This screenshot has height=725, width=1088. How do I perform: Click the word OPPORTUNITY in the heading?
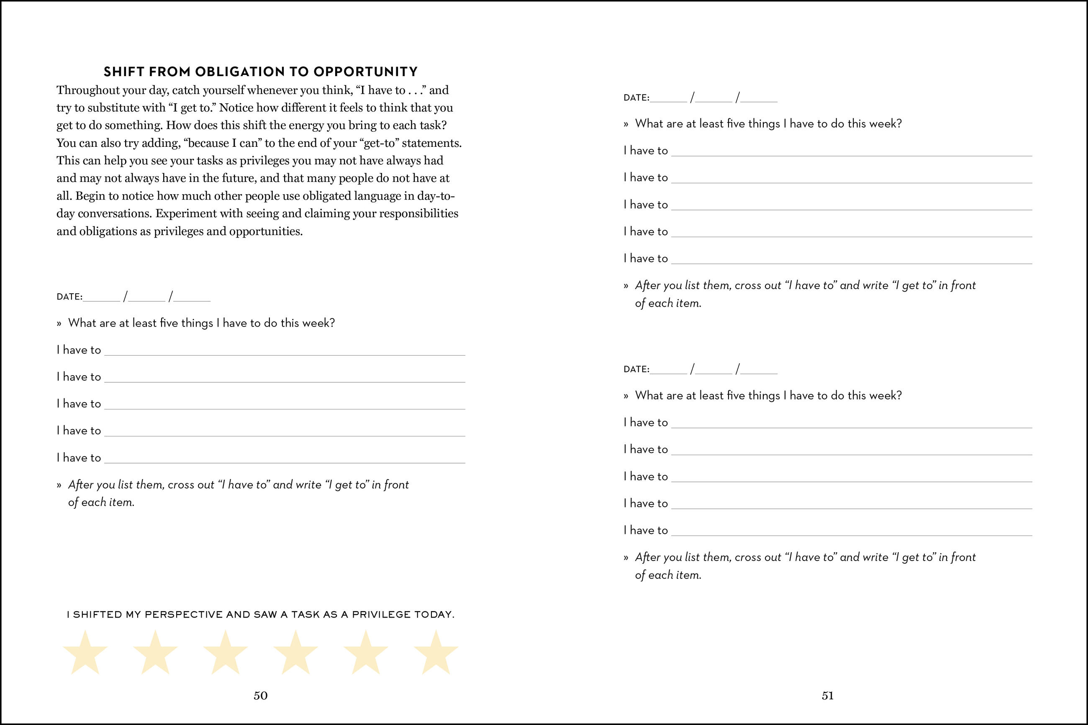[365, 72]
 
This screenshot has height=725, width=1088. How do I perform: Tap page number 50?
[260, 695]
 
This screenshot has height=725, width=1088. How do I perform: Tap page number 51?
[828, 695]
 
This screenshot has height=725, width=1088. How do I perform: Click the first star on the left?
[85, 653]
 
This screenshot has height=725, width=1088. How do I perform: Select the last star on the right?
[436, 653]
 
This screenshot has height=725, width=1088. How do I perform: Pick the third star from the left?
[225, 653]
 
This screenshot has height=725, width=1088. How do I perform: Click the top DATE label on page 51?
[636, 97]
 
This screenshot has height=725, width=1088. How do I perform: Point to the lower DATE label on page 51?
[636, 369]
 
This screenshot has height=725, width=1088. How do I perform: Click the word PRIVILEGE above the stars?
[381, 615]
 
